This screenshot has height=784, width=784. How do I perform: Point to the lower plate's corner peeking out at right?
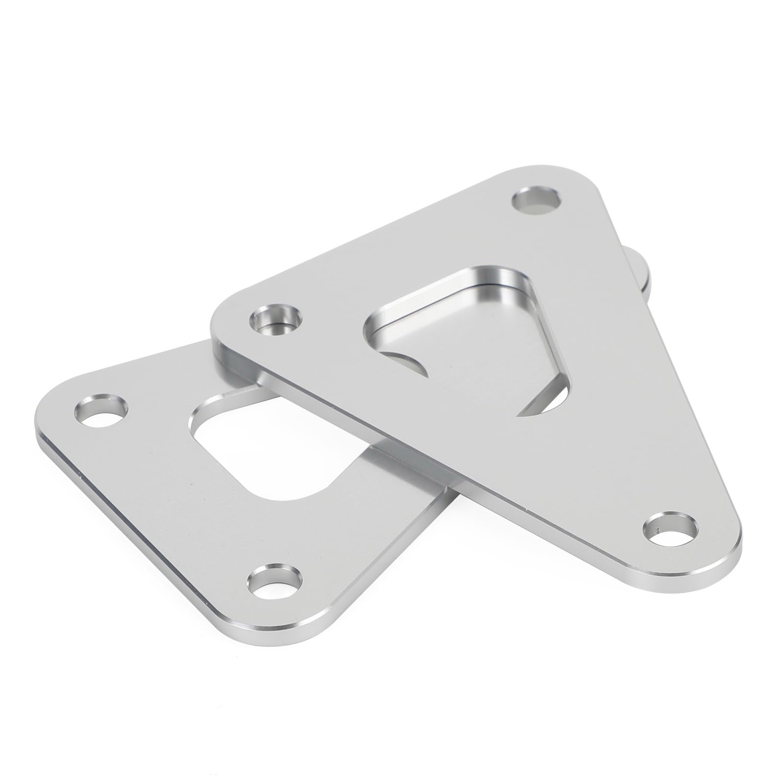click(642, 269)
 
